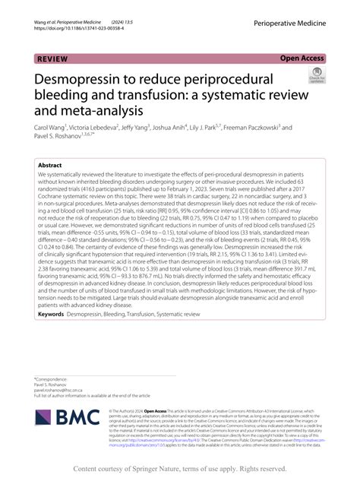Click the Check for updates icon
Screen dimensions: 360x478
point(315,76)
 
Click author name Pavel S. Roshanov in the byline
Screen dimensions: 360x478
point(59,139)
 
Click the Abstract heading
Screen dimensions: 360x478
point(49,163)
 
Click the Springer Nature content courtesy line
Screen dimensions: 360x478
point(179,469)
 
